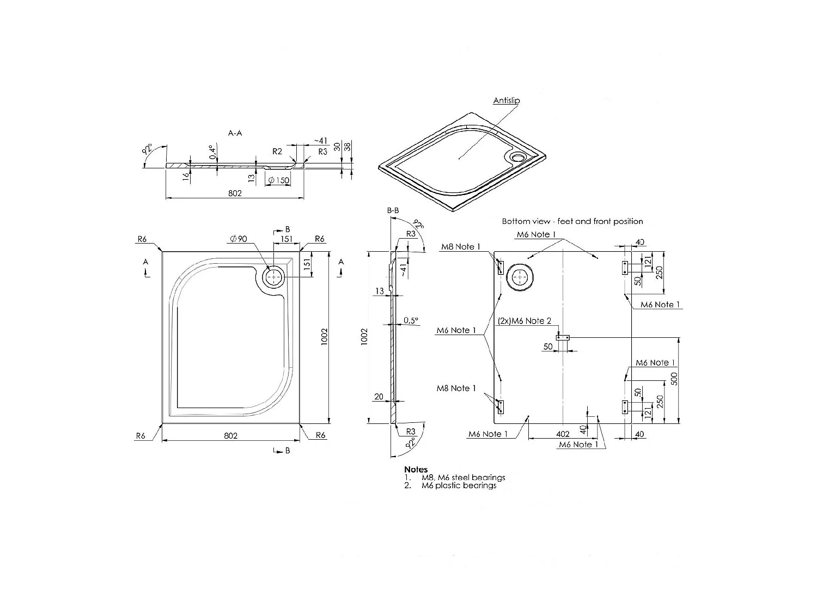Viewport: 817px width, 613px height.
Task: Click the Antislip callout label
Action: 506,101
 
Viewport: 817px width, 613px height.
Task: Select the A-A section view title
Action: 235,132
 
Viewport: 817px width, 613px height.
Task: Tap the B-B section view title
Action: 393,210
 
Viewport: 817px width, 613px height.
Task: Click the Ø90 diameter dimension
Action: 239,239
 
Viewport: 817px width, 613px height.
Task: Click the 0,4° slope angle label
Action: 212,152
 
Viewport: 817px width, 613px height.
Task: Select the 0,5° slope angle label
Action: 412,321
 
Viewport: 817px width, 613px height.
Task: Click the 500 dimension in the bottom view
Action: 674,379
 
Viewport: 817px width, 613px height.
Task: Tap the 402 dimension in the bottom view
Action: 563,434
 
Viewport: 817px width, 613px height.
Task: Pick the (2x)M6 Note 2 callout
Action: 525,321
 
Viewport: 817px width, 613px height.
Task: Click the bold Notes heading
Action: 416,469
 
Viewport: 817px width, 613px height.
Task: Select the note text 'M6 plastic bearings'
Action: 459,485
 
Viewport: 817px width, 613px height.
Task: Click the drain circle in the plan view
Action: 273,277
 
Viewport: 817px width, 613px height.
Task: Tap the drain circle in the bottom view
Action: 522,278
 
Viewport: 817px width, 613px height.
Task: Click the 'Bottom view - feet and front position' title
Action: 572,221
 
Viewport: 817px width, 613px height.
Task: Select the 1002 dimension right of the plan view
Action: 324,338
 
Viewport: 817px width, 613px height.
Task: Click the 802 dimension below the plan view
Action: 231,435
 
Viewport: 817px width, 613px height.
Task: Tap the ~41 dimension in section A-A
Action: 320,141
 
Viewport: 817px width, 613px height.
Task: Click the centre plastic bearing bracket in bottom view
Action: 563,337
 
